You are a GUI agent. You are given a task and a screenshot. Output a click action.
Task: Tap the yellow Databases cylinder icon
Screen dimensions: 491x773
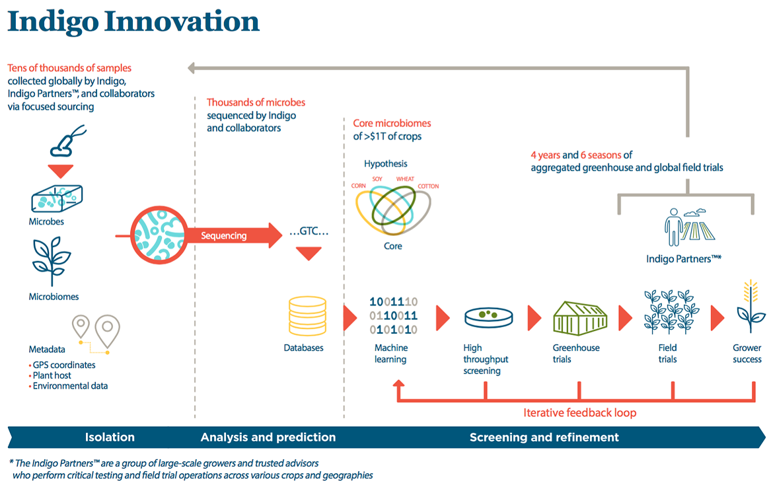click(x=307, y=315)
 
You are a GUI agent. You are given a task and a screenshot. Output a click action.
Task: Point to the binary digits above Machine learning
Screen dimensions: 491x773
click(x=393, y=316)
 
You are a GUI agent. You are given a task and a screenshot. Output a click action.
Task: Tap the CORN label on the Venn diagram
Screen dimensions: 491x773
click(x=359, y=186)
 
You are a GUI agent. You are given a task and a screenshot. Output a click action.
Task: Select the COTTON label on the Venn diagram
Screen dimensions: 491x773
click(x=428, y=186)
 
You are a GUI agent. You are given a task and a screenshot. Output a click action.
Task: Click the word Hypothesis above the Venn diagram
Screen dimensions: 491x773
click(x=386, y=163)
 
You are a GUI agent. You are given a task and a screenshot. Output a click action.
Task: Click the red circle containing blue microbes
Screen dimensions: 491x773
click(x=157, y=235)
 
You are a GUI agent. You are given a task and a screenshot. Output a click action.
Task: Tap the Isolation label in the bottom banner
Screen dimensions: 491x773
click(x=110, y=437)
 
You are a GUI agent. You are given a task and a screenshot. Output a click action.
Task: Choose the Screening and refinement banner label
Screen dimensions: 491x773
click(x=544, y=437)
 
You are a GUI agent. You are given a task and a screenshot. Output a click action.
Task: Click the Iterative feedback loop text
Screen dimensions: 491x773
click(x=579, y=413)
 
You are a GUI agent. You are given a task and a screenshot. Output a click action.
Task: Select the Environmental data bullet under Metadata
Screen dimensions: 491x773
click(x=70, y=386)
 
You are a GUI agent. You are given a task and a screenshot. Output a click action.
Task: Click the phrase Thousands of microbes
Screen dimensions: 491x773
click(x=256, y=102)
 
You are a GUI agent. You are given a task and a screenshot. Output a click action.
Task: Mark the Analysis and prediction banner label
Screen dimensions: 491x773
click(x=268, y=437)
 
